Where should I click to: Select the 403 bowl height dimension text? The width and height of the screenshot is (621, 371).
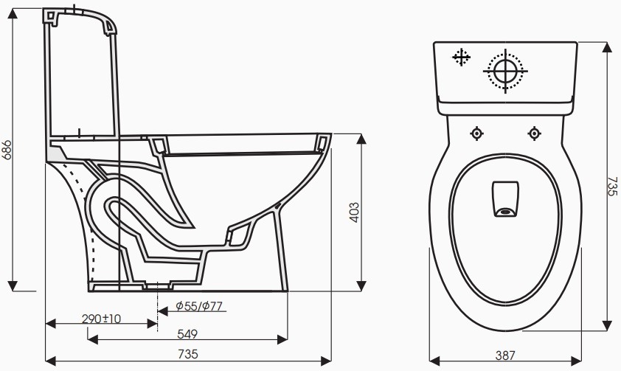[x=355, y=213]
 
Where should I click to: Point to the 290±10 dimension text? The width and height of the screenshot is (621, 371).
[x=101, y=319]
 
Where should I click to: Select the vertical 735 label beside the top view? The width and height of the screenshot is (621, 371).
[x=611, y=185]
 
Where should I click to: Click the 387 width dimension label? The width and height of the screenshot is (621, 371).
[x=505, y=355]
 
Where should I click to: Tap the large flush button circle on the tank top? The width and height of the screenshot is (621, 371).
[x=506, y=71]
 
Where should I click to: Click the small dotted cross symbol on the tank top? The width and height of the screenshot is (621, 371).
[x=462, y=58]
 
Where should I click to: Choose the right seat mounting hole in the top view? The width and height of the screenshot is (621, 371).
[x=534, y=134]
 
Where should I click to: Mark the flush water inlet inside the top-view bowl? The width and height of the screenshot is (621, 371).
[x=505, y=200]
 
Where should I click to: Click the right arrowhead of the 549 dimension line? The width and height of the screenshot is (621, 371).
[x=284, y=339]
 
